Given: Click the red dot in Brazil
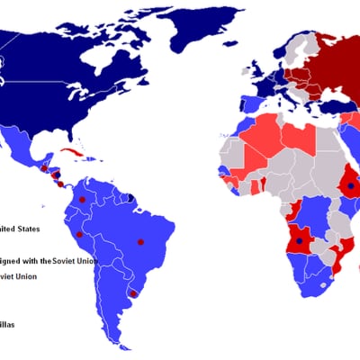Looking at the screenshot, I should [x=139, y=241].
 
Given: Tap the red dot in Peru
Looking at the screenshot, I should [x=79, y=234].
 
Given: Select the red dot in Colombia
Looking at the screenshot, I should [x=82, y=199].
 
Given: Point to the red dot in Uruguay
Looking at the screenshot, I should [x=132, y=292].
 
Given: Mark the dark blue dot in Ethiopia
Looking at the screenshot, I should [x=350, y=185].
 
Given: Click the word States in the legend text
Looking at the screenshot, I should [x=27, y=229].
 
